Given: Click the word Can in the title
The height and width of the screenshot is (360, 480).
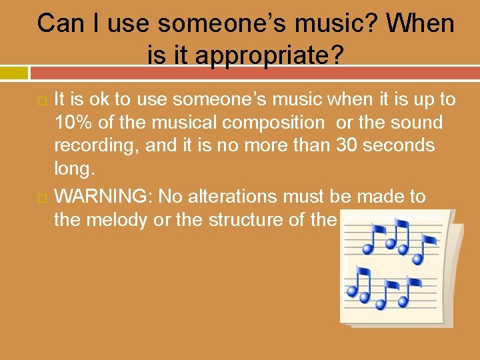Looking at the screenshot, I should click(x=59, y=24).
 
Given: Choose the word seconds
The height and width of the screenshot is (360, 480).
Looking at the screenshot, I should click(x=401, y=145).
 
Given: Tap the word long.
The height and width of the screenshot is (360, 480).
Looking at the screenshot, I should click(x=75, y=169).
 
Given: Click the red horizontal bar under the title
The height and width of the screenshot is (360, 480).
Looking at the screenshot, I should click(x=253, y=73).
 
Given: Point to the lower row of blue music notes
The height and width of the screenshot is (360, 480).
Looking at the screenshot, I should click(x=383, y=289).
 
